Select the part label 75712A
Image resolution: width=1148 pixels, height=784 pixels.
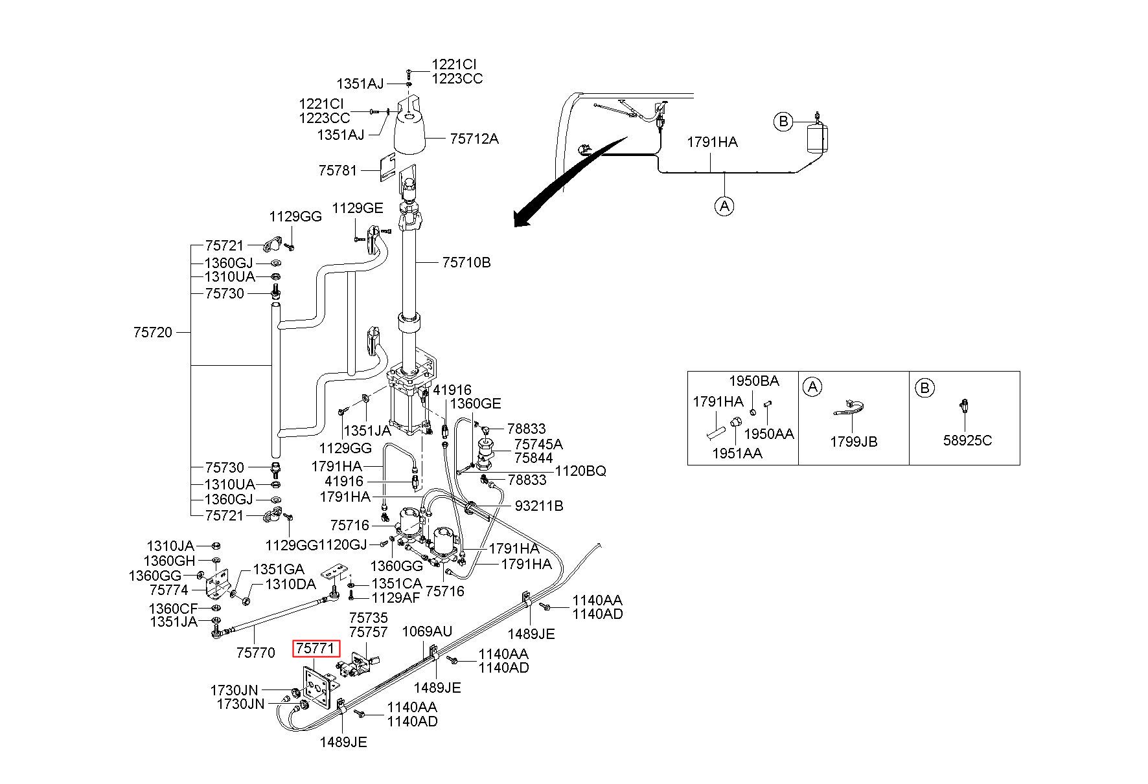(x=474, y=139)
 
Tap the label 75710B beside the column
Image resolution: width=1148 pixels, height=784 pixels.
(x=466, y=262)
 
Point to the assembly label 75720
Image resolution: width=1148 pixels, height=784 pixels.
(x=153, y=332)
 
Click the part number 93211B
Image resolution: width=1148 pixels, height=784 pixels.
(x=539, y=505)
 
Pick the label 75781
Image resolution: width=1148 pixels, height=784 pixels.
(x=338, y=170)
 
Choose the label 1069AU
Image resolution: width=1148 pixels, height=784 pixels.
(x=428, y=631)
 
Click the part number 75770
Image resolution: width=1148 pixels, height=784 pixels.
(x=255, y=652)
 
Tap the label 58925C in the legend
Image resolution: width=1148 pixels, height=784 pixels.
(x=967, y=440)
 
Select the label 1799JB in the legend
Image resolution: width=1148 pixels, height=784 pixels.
(x=854, y=442)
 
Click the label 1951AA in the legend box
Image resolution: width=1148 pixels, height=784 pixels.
(x=737, y=453)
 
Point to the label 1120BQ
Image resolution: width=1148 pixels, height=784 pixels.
(x=581, y=471)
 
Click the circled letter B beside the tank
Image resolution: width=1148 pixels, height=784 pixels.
(x=783, y=121)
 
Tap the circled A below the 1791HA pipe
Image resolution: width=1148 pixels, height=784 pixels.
(x=724, y=206)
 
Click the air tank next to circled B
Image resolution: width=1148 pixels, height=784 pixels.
(x=816, y=138)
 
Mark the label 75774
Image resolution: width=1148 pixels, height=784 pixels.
(x=168, y=590)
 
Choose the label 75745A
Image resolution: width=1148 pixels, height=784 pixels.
(x=538, y=444)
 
